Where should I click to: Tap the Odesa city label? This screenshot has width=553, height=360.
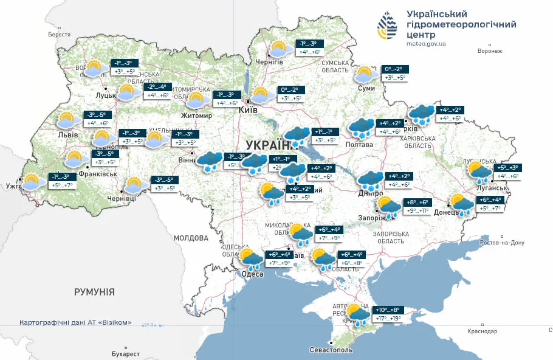click(252, 274)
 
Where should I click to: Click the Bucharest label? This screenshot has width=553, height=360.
click(125, 354)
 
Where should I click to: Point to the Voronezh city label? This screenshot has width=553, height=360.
click(490, 51)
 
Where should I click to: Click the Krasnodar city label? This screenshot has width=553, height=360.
click(483, 331)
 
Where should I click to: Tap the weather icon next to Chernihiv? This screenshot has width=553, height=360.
click(278, 49)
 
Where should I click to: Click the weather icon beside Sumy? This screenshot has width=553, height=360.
click(364, 74)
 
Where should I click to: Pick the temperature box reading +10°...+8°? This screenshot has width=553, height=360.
click(384, 310)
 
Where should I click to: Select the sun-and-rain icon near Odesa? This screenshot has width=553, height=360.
click(250, 259)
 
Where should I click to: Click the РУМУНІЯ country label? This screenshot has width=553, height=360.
click(94, 292)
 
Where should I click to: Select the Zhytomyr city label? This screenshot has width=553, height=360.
click(196, 116)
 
